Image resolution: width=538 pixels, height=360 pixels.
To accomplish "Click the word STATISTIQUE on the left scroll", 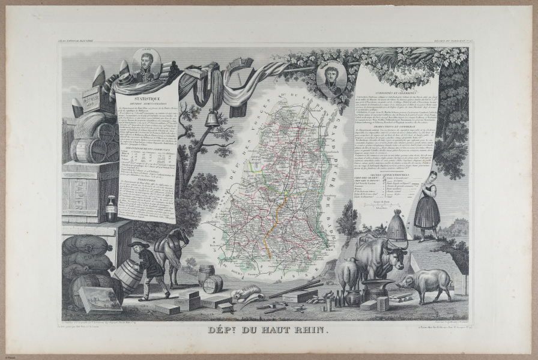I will coord(147,95).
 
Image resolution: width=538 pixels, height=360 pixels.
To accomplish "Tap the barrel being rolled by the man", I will coord(127,275).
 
